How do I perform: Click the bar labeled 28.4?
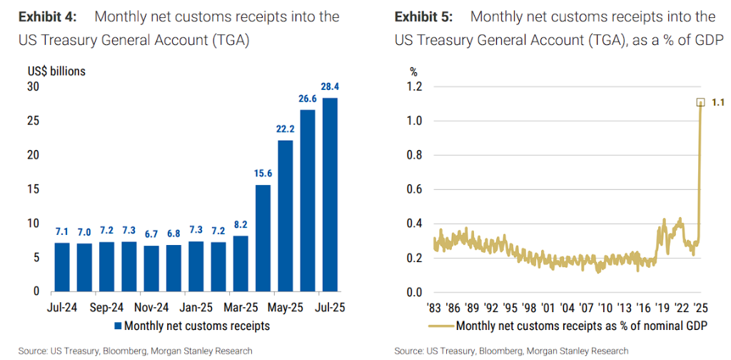click(329, 194)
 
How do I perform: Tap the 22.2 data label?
click(285, 129)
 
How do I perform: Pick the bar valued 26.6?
click(308, 201)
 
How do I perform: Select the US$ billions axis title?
click(56, 71)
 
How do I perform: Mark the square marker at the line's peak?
click(701, 102)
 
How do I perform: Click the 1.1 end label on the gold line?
click(718, 103)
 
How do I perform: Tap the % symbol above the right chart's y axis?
click(413, 71)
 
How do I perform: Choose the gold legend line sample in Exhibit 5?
click(440, 327)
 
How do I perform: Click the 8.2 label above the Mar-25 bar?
click(241, 223)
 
